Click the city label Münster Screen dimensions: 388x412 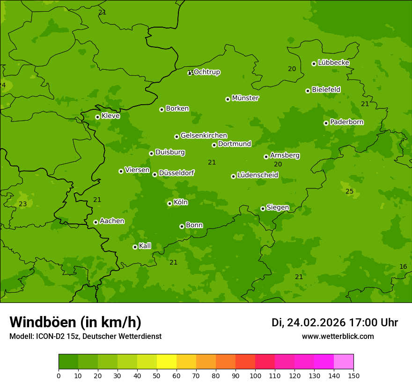[x=245, y=98]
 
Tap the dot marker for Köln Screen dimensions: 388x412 [x=169, y=203]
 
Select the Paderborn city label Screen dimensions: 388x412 [x=347, y=122]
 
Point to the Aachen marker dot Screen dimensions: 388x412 [x=96, y=222]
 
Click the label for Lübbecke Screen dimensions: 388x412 [x=333, y=63]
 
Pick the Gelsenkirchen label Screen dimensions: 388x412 [x=204, y=136]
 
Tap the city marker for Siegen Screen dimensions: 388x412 [x=263, y=208]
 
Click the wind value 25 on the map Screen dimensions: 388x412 [x=350, y=191]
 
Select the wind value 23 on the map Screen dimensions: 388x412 [x=22, y=204]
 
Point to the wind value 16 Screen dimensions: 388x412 [x=403, y=266]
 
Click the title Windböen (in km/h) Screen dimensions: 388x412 [x=75, y=322]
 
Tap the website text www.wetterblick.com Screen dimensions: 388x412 [x=338, y=336]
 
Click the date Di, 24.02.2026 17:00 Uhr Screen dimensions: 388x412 [x=335, y=323]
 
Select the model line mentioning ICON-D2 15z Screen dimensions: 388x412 [x=85, y=336]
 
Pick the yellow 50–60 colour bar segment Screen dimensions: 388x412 [x=167, y=362]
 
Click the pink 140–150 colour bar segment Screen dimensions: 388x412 [x=344, y=362]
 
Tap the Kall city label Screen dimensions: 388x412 [x=145, y=246]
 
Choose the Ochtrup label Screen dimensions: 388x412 [x=206, y=72]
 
